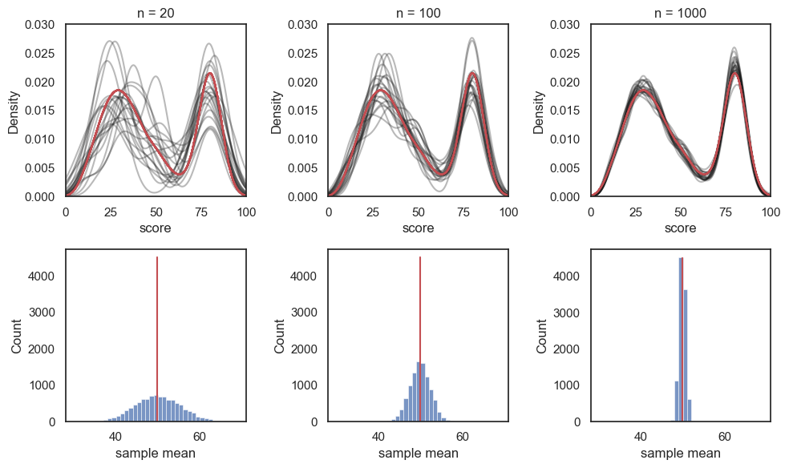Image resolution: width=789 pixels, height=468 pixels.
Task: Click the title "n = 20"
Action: tap(156, 13)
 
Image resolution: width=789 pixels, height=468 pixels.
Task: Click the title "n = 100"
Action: tap(419, 13)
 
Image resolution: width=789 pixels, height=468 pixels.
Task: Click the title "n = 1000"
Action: tap(681, 13)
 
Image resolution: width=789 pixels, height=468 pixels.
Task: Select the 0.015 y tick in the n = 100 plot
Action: tap(302, 111)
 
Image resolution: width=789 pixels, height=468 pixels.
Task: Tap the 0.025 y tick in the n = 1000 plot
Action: tap(564, 54)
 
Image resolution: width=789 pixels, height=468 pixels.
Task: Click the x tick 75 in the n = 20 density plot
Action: tap(201, 212)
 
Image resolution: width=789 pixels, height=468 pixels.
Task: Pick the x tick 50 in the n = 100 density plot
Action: tap(419, 212)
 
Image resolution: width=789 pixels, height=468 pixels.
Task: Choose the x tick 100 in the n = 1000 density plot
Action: tap(771, 212)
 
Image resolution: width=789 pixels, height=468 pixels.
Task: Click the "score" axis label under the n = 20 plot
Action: tap(156, 228)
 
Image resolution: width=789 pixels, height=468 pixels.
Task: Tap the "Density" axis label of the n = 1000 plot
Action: tap(540, 111)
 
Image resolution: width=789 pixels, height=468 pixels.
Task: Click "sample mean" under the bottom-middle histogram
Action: tap(419, 454)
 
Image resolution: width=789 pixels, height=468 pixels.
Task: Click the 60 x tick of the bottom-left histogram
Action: tap(200, 437)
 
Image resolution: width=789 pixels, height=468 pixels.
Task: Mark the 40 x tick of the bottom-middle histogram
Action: tap(378, 437)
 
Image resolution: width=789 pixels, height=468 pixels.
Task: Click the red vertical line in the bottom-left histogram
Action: tap(157, 337)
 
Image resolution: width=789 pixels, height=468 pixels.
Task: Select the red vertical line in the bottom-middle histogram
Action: tap(419, 337)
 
